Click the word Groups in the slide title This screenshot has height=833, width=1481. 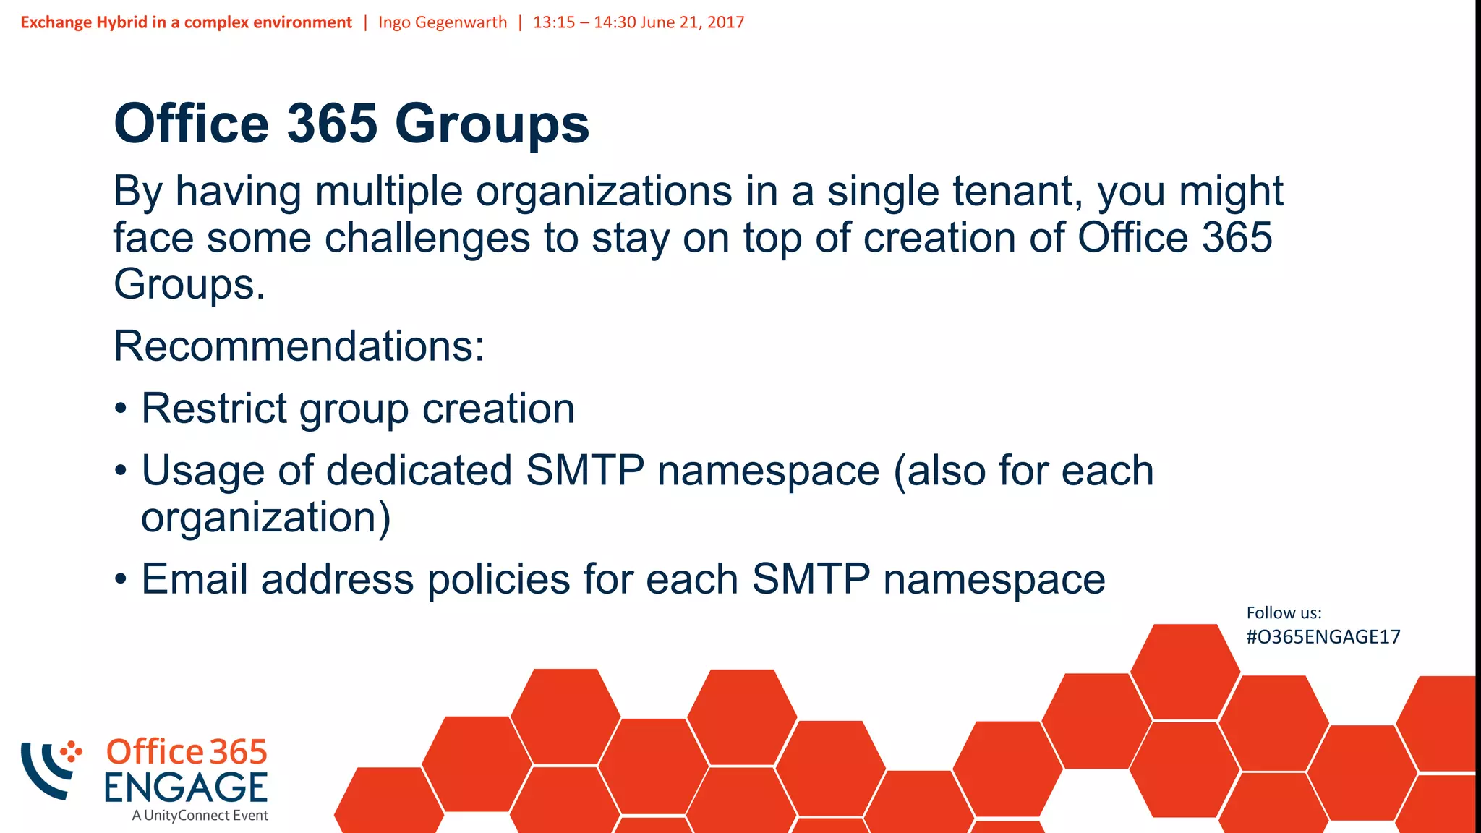tap(492, 124)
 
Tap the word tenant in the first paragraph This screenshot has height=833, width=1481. tap(1017, 192)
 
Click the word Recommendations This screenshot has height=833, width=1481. tap(299, 346)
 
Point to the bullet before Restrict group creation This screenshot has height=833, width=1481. tap(121, 409)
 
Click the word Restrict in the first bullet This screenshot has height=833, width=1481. tap(214, 409)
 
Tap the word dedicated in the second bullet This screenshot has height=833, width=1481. tap(419, 471)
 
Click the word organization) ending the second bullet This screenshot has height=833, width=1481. tap(266, 518)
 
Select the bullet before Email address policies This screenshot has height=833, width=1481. tap(121, 580)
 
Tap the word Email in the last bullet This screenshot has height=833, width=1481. tap(194, 579)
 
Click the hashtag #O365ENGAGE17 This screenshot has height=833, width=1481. tap(1323, 637)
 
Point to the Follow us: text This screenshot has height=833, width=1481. tap(1284, 613)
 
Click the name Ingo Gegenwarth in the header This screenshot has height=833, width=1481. tap(443, 22)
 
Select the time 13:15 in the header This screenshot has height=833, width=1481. tap(554, 22)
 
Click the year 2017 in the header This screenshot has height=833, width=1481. tap(725, 22)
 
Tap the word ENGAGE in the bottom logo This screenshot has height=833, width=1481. tap(186, 787)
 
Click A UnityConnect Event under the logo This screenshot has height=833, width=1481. tap(200, 816)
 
